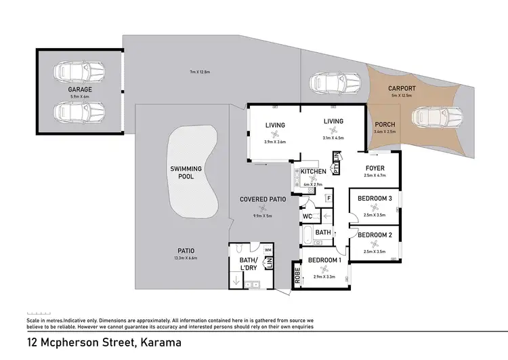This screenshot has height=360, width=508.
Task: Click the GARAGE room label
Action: [x=80, y=89]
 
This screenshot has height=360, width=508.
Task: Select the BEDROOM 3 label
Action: [x=375, y=198]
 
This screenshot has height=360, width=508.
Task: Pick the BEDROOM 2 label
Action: [x=375, y=235]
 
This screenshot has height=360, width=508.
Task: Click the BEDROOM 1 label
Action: [x=324, y=260]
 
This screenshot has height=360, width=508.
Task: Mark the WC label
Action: [x=307, y=217]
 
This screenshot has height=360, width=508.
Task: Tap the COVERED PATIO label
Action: [x=263, y=199]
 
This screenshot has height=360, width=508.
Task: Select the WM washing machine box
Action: [x=268, y=251]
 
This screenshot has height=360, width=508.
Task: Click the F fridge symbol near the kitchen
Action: [x=328, y=199]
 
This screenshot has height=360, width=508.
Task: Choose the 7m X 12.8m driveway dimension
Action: [x=200, y=72]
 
